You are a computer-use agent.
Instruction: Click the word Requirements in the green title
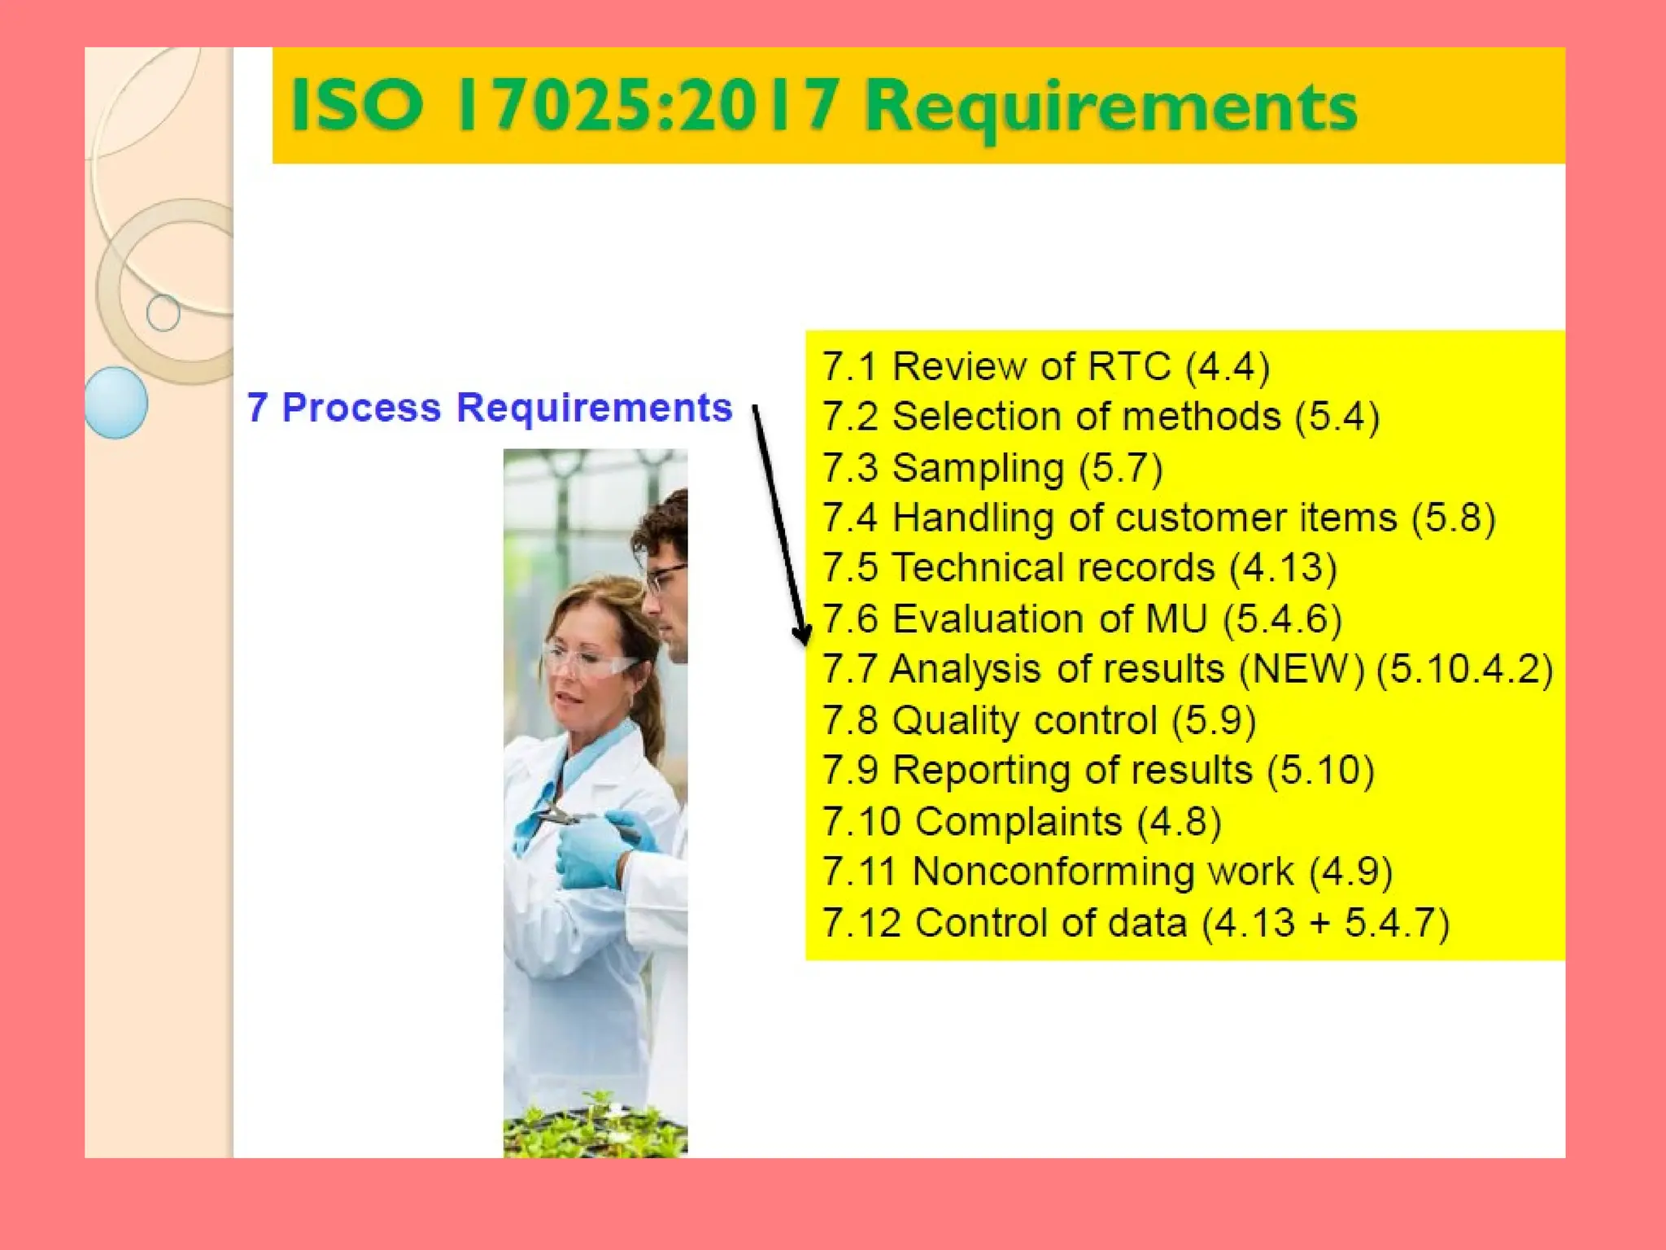click(x=1110, y=108)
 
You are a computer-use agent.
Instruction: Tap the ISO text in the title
click(x=357, y=105)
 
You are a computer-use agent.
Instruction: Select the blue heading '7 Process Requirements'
click(x=489, y=407)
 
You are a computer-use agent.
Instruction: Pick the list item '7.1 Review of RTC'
click(x=1045, y=366)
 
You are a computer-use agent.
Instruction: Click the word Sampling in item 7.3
click(x=978, y=468)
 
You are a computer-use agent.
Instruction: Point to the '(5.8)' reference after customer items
click(x=1453, y=518)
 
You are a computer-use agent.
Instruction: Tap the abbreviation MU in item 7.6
click(x=1175, y=618)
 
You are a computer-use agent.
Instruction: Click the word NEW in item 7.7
click(x=1302, y=669)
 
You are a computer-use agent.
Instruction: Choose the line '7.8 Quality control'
click(x=1039, y=720)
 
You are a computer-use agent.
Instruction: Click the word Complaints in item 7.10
click(x=1018, y=821)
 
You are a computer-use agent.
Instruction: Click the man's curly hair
click(x=663, y=521)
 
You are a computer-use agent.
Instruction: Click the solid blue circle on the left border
click(x=116, y=403)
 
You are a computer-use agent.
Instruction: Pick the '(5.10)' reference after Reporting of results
click(x=1320, y=771)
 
